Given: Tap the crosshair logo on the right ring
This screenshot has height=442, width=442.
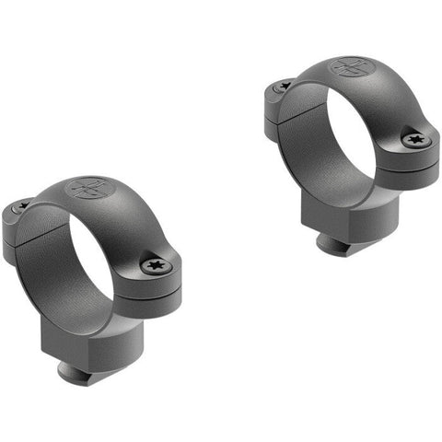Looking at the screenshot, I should click(351, 68).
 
